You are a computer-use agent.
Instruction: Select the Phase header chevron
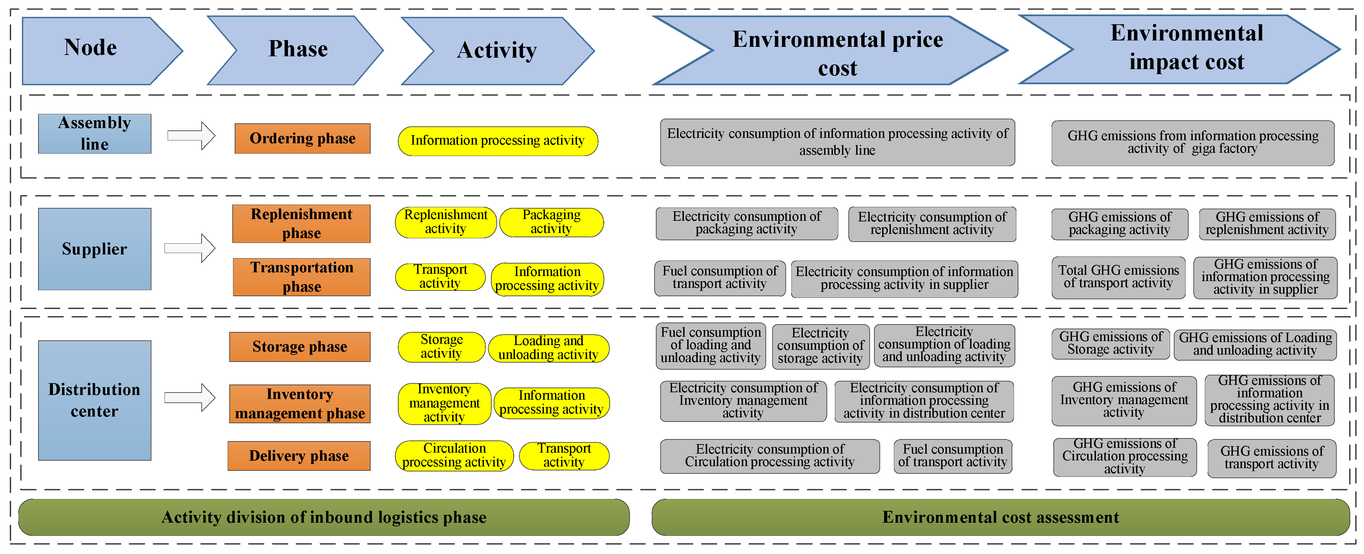pyautogui.click(x=296, y=50)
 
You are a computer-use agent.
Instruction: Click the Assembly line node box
pyautogui.click(x=94, y=133)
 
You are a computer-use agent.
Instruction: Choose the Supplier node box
pyautogui.click(x=94, y=249)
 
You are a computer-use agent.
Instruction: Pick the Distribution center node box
pyautogui.click(x=94, y=400)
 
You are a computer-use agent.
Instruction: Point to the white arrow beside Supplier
pyautogui.click(x=190, y=248)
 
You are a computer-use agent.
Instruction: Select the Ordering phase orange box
pyautogui.click(x=302, y=138)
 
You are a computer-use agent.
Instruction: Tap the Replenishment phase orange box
pyautogui.click(x=301, y=224)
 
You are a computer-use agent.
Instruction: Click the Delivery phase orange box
pyautogui.click(x=299, y=456)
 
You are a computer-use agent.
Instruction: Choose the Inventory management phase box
pyautogui.click(x=300, y=404)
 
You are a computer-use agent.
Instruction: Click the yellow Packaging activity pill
pyautogui.click(x=551, y=222)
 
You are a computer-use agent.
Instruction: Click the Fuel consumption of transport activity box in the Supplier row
pyautogui.click(x=720, y=278)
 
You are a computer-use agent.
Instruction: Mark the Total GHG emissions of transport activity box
pyautogui.click(x=1118, y=278)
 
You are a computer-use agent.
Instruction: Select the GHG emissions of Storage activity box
pyautogui.click(x=1110, y=344)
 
